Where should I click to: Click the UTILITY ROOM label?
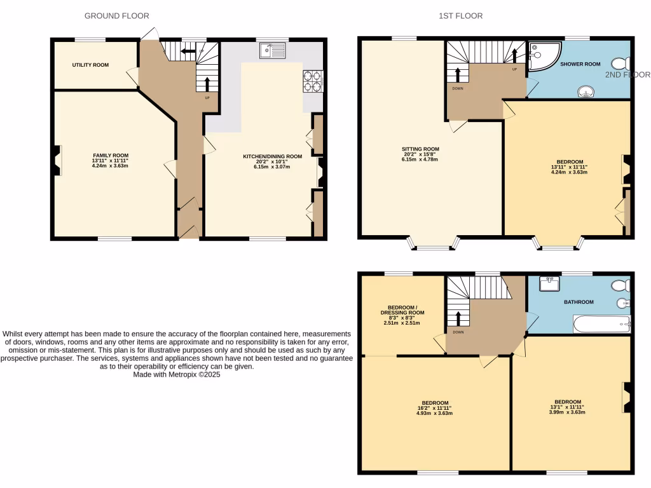[x=90, y=65]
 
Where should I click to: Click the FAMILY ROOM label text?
[x=111, y=156]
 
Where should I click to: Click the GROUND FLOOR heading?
[x=117, y=15]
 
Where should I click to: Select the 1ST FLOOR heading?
[x=460, y=15]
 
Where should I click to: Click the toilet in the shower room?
[x=620, y=64]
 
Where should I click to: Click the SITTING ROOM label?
[x=420, y=149]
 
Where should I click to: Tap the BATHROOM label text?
[x=579, y=302]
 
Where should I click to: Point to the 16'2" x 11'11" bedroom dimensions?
[x=434, y=408]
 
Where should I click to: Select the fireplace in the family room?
[x=58, y=159]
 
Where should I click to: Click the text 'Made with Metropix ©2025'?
[x=177, y=375]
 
